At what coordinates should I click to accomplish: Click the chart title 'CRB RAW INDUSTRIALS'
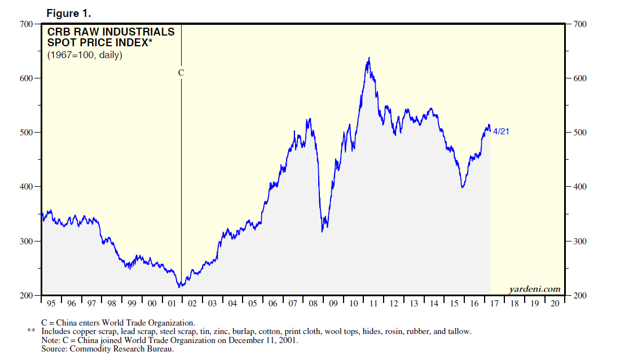[111, 32]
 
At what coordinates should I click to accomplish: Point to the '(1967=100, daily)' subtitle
[85, 55]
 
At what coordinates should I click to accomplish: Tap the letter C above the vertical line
[181, 73]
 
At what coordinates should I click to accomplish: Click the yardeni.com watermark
[535, 289]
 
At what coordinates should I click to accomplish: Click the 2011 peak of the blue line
[369, 58]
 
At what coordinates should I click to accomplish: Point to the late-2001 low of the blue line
[179, 287]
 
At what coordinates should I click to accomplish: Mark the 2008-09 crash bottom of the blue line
[322, 231]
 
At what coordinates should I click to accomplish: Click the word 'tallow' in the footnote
[460, 331]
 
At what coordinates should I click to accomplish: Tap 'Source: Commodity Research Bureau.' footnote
[107, 349]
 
